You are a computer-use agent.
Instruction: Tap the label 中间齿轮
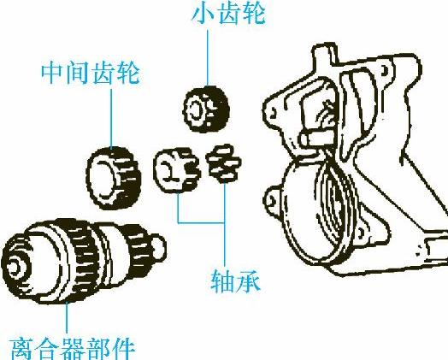[91, 74]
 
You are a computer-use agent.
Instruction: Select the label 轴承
[236, 280]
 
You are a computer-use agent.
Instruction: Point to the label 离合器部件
[73, 349]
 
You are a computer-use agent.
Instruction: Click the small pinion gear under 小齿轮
[206, 109]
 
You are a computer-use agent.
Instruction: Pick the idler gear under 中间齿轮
[114, 178]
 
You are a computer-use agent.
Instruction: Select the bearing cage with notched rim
[176, 170]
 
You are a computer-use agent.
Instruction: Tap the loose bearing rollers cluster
[223, 163]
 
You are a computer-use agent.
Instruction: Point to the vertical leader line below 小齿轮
[208, 57]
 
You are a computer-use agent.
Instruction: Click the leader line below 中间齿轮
[111, 118]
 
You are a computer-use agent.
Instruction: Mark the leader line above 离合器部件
[67, 317]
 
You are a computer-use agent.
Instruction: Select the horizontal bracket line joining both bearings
[201, 222]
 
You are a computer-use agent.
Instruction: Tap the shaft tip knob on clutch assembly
[159, 247]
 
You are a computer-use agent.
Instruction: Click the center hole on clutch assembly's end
[14, 267]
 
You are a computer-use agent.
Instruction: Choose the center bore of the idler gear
[101, 179]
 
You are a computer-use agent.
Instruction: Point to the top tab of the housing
[325, 54]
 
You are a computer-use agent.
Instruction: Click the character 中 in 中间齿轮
[51, 74]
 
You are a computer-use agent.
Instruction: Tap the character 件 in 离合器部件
[123, 349]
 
